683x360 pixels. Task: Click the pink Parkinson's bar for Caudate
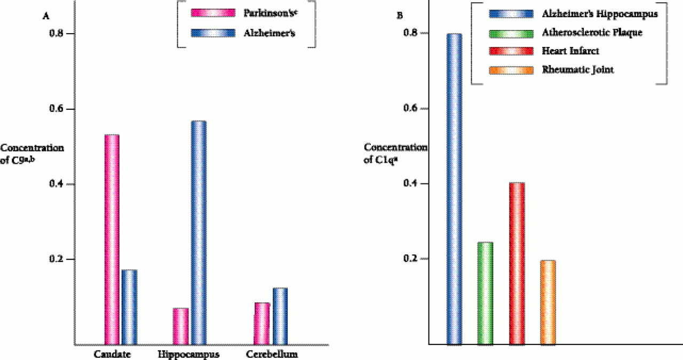(112, 240)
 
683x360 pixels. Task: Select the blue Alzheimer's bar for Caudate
(129, 307)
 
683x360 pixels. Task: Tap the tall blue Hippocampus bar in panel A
(198, 233)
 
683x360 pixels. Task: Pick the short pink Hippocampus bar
(181, 326)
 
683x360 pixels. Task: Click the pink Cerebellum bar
(262, 323)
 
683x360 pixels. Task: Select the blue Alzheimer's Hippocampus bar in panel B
(454, 189)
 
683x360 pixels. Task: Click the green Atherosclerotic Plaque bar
(485, 293)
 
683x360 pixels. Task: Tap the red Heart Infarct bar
(517, 263)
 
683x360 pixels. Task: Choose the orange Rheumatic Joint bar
(548, 302)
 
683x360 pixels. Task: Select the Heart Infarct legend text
(570, 51)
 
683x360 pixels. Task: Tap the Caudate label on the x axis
(112, 354)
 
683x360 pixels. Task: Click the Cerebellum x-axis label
(273, 354)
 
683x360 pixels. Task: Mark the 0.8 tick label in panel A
(55, 34)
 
